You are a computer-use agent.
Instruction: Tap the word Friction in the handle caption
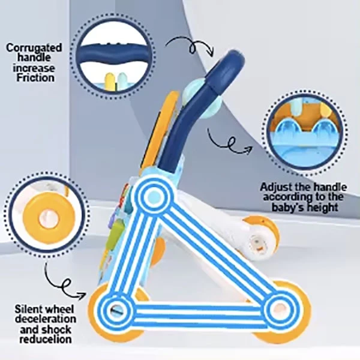[x=35, y=78]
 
